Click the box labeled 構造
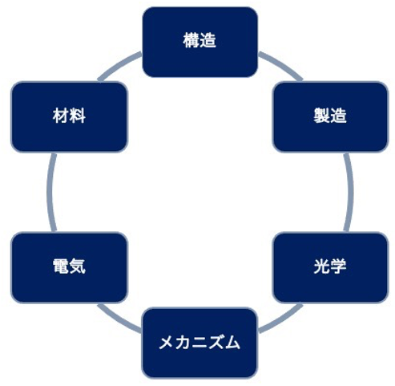[x=200, y=42]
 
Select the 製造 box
[x=330, y=117]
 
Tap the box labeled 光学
[x=330, y=267]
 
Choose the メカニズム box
[x=200, y=343]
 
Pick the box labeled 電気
[x=69, y=267]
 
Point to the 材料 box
[x=69, y=117]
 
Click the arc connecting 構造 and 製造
[x=283, y=64]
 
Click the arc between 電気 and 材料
[x=50, y=192]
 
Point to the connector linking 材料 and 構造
[x=118, y=64]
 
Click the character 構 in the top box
[x=191, y=40]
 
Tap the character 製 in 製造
[x=322, y=116]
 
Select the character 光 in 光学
[x=322, y=266]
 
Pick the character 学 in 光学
[x=338, y=266]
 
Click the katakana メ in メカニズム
[x=167, y=343]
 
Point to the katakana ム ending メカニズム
[x=232, y=343]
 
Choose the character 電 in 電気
[x=61, y=266]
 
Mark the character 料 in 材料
[x=78, y=116]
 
